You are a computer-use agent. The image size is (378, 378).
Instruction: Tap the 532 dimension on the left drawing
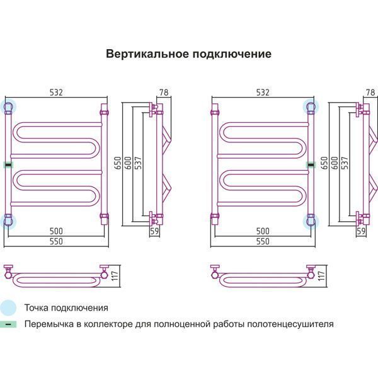57,93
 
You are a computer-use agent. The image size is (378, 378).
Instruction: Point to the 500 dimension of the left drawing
57,230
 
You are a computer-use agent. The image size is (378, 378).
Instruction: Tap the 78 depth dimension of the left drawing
164,93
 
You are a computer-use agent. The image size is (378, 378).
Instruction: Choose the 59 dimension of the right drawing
361,231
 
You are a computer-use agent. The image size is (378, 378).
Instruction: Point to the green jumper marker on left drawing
8,164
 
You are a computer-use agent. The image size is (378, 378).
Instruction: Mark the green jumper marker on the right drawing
311,164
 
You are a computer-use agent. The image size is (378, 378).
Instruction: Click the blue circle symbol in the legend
8,308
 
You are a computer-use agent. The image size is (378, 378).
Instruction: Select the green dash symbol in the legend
8,325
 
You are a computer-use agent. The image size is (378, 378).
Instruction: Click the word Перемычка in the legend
49,325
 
